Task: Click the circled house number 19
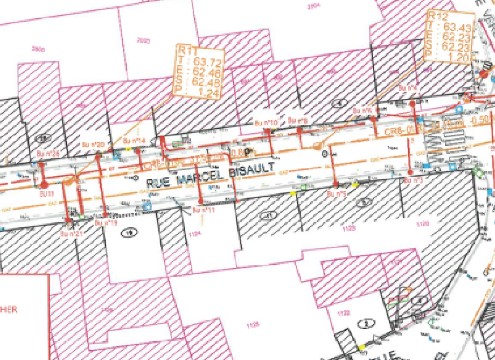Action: [x=128, y=232]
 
